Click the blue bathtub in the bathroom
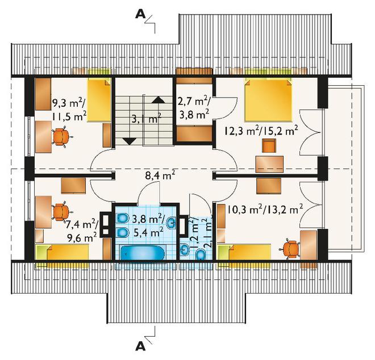[142, 253]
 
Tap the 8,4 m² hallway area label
[160, 177]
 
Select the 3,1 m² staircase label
[147, 119]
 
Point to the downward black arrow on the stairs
[130, 141]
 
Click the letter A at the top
[140, 15]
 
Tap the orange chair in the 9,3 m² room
[61, 137]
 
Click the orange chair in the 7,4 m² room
[61, 212]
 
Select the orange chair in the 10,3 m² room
[290, 249]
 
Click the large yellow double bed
[268, 100]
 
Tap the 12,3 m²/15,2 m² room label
[261, 131]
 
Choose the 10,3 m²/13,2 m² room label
[265, 210]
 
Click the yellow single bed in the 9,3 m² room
[99, 100]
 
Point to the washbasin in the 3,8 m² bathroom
[172, 223]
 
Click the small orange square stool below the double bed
[269, 145]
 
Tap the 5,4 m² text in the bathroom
[148, 232]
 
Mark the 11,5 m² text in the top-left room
[69, 117]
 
